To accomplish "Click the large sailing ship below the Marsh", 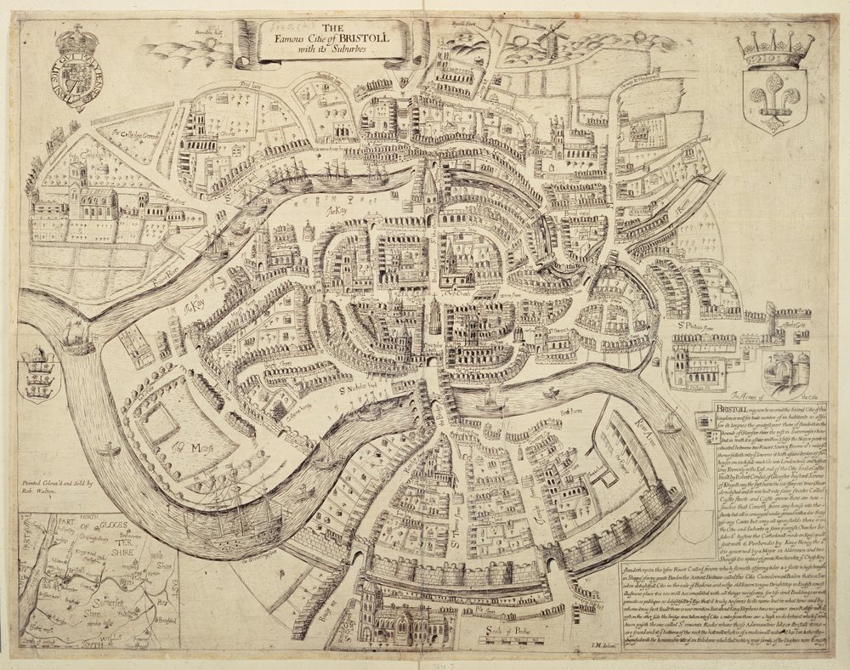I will click(246, 514).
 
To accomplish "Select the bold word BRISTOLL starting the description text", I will click(723, 409).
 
